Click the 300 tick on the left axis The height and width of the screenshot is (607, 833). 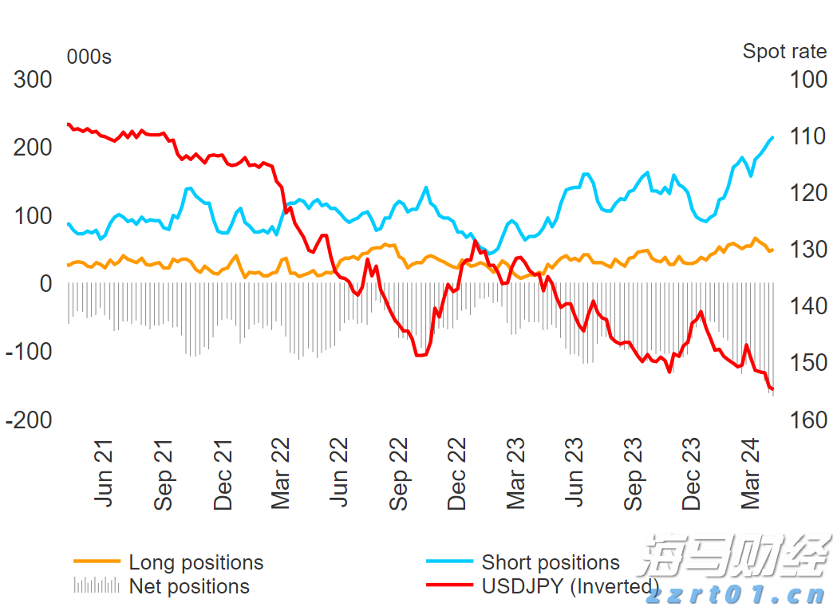tap(33, 80)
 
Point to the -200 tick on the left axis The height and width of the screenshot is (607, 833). tap(29, 420)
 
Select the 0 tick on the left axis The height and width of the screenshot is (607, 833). tap(45, 284)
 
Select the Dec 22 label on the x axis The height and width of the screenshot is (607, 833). tap(456, 475)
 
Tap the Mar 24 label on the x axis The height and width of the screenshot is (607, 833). tap(750, 475)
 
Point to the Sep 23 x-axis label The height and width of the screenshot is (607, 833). tap(633, 475)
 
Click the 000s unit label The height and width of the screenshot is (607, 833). tap(89, 57)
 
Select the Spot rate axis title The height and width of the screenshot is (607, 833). tap(784, 52)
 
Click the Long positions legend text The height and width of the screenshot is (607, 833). tap(195, 562)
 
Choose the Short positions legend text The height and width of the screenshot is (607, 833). tap(551, 562)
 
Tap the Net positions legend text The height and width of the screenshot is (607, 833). tap(189, 586)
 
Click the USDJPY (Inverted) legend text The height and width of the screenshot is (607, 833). tap(570, 586)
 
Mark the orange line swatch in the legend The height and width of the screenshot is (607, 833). tap(97, 562)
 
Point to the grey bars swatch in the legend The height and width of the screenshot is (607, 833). tap(97, 586)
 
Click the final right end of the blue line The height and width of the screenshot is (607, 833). tap(772, 137)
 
